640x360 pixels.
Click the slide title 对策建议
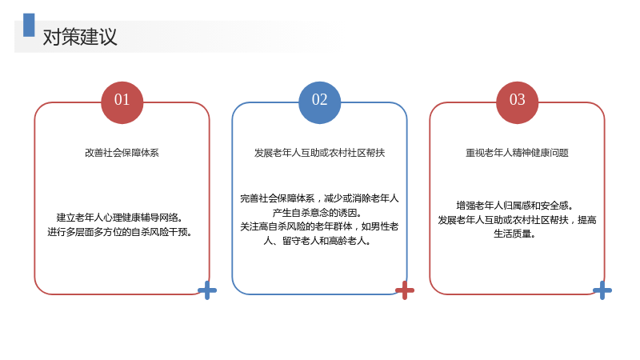pyautogui.click(x=80, y=37)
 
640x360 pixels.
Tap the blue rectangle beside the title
pyautogui.click(x=29, y=25)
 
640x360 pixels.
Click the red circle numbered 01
pyautogui.click(x=122, y=102)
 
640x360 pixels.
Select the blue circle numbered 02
pyautogui.click(x=319, y=102)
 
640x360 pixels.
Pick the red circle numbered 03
pyautogui.click(x=517, y=102)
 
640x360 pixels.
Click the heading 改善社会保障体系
pyautogui.click(x=122, y=153)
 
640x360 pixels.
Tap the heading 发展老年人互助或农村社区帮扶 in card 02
pyautogui.click(x=319, y=153)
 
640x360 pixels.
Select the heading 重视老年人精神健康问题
pyautogui.click(x=517, y=153)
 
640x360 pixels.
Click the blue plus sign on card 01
pyautogui.click(x=207, y=290)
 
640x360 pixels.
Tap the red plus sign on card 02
pyautogui.click(x=405, y=290)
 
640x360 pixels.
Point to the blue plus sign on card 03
pyautogui.click(x=602, y=290)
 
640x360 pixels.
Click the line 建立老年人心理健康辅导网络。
pyautogui.click(x=119, y=218)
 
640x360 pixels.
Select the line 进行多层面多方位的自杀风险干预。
pyautogui.click(x=120, y=232)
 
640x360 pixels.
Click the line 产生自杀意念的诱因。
pyautogui.click(x=318, y=213)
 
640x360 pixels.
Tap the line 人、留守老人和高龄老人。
pyautogui.click(x=318, y=241)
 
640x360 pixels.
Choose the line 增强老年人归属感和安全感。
pyautogui.click(x=514, y=206)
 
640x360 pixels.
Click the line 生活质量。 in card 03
pyautogui.click(x=514, y=234)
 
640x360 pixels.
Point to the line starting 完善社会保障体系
pyautogui.click(x=319, y=198)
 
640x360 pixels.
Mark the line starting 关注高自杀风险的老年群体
pyautogui.click(x=319, y=226)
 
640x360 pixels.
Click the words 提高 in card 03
pyautogui.click(x=587, y=219)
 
